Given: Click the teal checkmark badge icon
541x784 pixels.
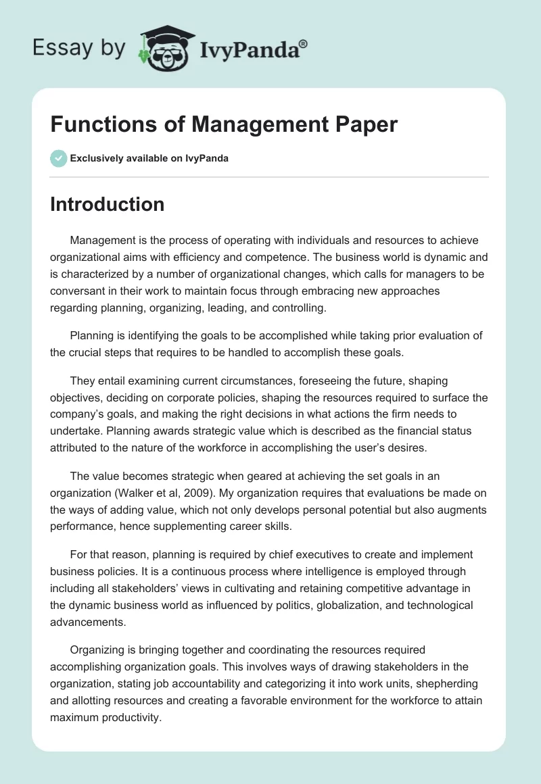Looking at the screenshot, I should pyautogui.click(x=59, y=158).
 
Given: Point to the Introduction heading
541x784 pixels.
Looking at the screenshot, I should pyautogui.click(x=107, y=204).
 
